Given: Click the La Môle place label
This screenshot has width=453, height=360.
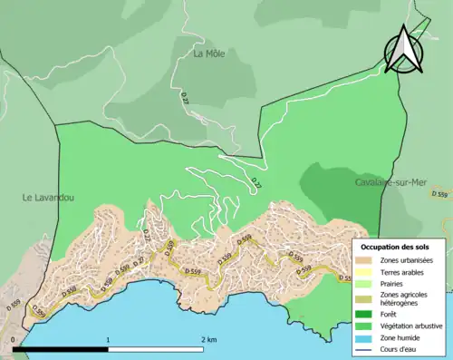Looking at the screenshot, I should click(209, 54).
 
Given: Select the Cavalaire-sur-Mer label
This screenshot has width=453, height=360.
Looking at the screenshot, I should click(390, 182).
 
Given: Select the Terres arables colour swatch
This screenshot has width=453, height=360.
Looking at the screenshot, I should click(365, 273).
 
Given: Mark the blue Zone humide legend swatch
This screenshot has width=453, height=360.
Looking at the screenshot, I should click(365, 336).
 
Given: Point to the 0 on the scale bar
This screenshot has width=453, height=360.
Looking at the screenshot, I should click(14, 340).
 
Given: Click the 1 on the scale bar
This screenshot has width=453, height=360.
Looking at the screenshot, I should click(109, 340).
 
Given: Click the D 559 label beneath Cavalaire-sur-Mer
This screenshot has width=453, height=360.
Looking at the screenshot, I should click(440, 194).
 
